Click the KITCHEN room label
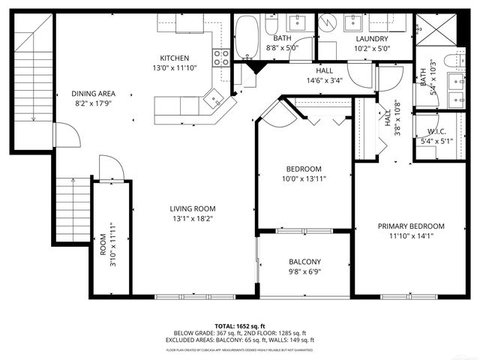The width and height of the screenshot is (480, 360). [x=174, y=58]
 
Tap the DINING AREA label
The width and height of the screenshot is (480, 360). [x=93, y=94]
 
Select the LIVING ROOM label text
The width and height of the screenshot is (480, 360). [x=192, y=208]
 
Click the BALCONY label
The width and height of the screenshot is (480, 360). [x=304, y=262]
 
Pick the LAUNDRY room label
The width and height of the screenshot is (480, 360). [x=372, y=39]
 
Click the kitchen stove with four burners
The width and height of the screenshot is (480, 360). [x=221, y=58]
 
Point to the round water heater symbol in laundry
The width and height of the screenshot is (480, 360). [x=328, y=25]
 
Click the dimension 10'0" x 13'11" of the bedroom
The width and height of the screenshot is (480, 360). [x=304, y=178]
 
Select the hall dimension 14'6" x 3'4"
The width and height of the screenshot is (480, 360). [x=323, y=80]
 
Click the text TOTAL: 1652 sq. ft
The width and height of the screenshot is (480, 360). [x=240, y=326]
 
